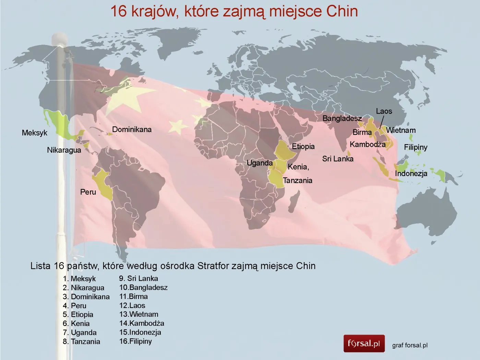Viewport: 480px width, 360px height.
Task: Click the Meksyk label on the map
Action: pos(35,133)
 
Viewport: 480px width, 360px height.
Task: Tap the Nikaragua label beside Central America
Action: pos(64,150)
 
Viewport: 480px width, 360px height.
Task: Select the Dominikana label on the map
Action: pos(132,129)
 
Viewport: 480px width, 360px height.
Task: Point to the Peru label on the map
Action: pos(88,192)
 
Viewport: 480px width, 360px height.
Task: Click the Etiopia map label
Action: pos(303,147)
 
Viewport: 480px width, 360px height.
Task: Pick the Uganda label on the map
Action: pos(260,163)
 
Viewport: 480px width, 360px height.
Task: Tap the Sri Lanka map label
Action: pos(338,159)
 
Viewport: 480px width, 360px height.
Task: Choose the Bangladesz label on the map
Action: pos(342,118)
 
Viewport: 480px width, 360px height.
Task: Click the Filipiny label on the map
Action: pos(416,147)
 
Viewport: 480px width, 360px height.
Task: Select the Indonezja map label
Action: pos(411,173)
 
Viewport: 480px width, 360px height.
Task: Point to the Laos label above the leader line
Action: pos(384,111)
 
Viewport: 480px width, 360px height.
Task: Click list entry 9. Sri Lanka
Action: pos(139,278)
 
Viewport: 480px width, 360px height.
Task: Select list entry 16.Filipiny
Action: pos(135,341)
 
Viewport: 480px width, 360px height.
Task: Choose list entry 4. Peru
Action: pos(74,305)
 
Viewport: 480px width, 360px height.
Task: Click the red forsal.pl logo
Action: pos(364,344)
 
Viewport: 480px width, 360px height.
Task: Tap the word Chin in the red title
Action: pos(342,11)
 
